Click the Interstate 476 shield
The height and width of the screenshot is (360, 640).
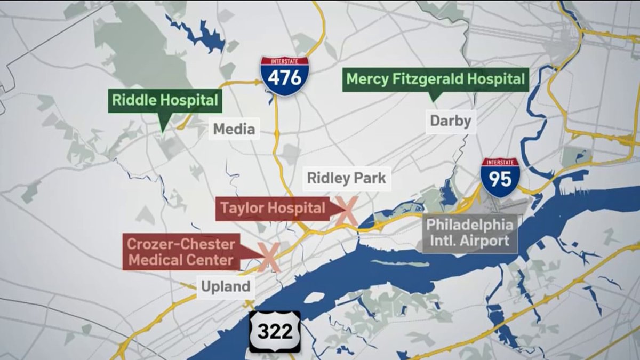(284, 76)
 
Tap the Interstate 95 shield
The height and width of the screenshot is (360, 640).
(500, 178)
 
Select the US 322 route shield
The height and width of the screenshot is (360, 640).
(275, 331)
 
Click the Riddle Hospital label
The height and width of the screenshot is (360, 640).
(165, 100)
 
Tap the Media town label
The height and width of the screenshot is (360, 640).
(234, 129)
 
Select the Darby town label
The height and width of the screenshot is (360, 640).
(451, 121)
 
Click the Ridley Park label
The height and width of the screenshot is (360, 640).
(346, 178)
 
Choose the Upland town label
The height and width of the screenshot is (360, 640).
(226, 286)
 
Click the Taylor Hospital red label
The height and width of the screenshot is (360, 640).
(273, 208)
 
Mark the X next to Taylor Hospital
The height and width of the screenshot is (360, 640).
(346, 210)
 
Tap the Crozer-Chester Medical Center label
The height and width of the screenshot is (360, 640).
(181, 252)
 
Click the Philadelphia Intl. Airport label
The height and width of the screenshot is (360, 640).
(470, 233)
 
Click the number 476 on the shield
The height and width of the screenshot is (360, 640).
(284, 79)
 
